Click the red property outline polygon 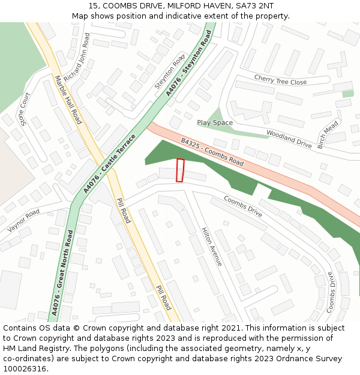click(179, 170)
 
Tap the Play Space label click(215, 123)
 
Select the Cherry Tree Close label click(280, 80)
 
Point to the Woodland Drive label click(289, 139)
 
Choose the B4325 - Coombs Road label click(212, 152)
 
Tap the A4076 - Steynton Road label click(190, 65)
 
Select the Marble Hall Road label click(68, 100)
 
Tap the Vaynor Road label click(23, 221)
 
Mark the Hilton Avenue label click(212, 247)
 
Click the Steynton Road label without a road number click(170, 74)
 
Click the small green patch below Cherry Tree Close click(347, 94)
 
